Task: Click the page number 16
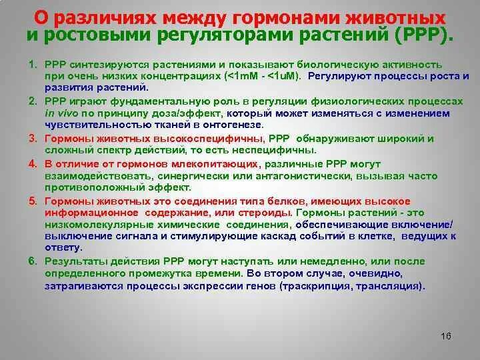[x=446, y=335]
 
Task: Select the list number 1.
[x=31, y=63]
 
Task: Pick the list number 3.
[x=31, y=139]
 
